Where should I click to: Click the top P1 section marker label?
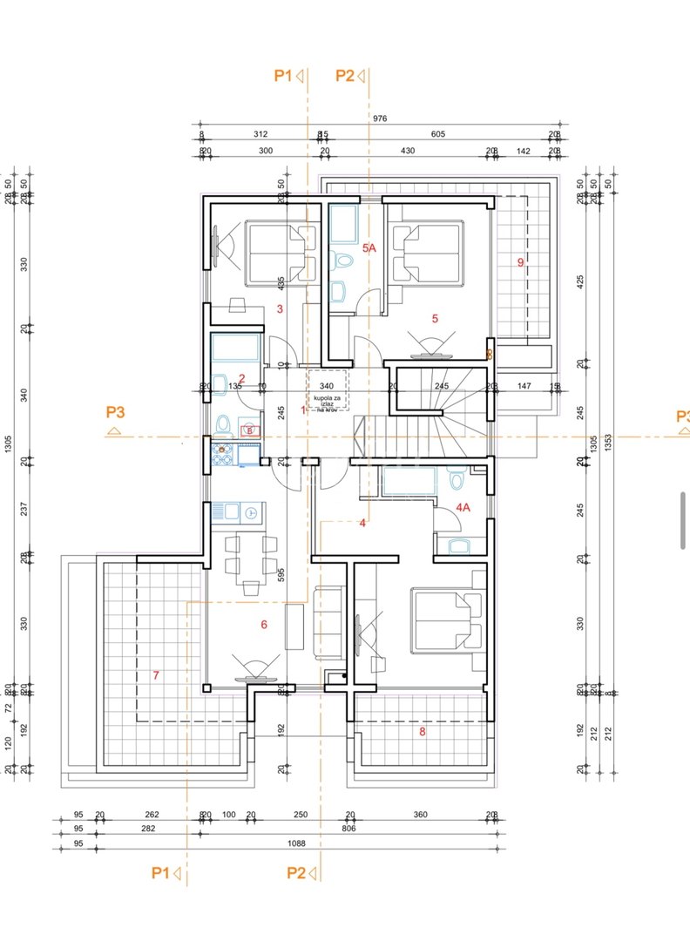click(x=282, y=77)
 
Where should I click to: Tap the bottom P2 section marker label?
click(x=295, y=873)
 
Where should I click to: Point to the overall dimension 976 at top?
click(x=378, y=118)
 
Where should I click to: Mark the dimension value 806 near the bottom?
click(x=348, y=829)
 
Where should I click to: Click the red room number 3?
click(x=280, y=308)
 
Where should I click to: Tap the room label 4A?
click(x=463, y=507)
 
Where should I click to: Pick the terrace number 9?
click(x=520, y=262)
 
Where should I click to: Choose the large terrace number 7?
click(x=155, y=674)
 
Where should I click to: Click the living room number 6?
click(x=263, y=624)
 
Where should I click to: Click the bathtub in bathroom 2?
click(x=236, y=349)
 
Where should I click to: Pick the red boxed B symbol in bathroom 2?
click(x=249, y=430)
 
